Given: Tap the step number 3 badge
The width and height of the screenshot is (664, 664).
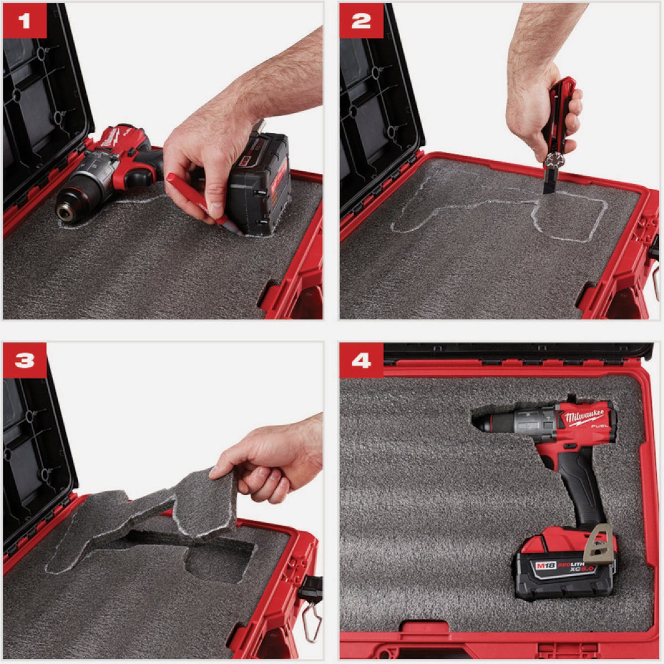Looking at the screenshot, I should [x=24, y=361].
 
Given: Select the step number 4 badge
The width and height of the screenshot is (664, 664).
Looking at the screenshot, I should [x=361, y=361].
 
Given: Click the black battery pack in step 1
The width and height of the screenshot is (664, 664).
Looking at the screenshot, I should [x=260, y=183].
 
